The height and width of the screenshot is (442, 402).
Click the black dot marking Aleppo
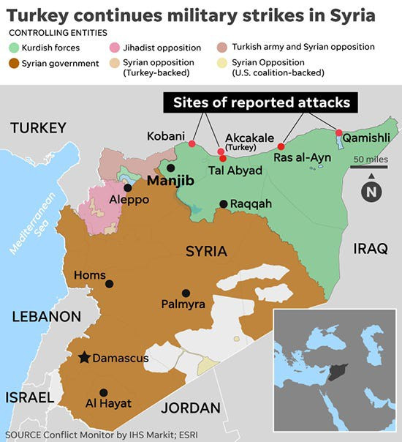127,187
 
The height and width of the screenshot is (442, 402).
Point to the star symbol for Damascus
85,358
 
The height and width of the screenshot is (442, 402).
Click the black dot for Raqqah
223,203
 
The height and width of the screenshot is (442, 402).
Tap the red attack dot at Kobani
192,144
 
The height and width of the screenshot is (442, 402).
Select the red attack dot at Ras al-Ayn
281,146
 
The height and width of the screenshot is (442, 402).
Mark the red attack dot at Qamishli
338,132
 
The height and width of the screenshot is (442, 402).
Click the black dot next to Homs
110,284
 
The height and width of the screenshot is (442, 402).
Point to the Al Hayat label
108,403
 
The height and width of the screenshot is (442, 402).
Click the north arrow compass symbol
372,191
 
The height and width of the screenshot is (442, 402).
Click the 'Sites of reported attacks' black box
262,102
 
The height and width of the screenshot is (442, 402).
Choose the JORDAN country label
190,408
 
